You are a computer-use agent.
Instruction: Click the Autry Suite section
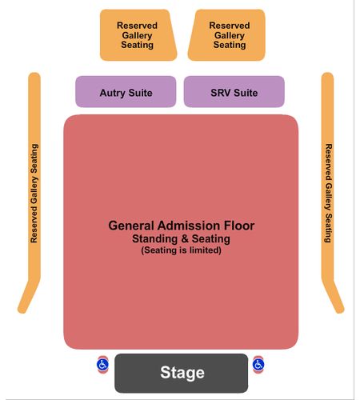coord(126,91)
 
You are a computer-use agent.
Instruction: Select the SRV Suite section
coord(234,91)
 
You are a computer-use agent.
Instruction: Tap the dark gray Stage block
coord(182,373)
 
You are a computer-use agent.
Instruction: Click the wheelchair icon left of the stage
coord(102,365)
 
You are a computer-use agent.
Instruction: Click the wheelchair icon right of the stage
coord(258,364)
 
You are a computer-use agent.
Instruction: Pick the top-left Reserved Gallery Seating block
coord(138,35)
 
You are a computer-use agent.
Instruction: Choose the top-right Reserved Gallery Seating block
coord(226,35)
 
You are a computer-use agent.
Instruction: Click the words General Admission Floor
coord(182,226)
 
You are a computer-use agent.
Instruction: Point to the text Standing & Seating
coord(181,238)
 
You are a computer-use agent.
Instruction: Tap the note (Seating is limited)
coord(181,250)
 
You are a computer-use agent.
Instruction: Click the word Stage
coord(182,373)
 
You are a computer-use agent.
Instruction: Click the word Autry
coord(113,93)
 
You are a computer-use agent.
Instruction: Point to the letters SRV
coord(221,93)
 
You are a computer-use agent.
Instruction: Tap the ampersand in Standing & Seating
coord(185,238)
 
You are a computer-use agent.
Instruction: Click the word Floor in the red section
coord(239,226)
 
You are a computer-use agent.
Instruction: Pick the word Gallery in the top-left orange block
coord(137,35)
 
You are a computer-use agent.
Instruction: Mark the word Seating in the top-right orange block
coord(230,45)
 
